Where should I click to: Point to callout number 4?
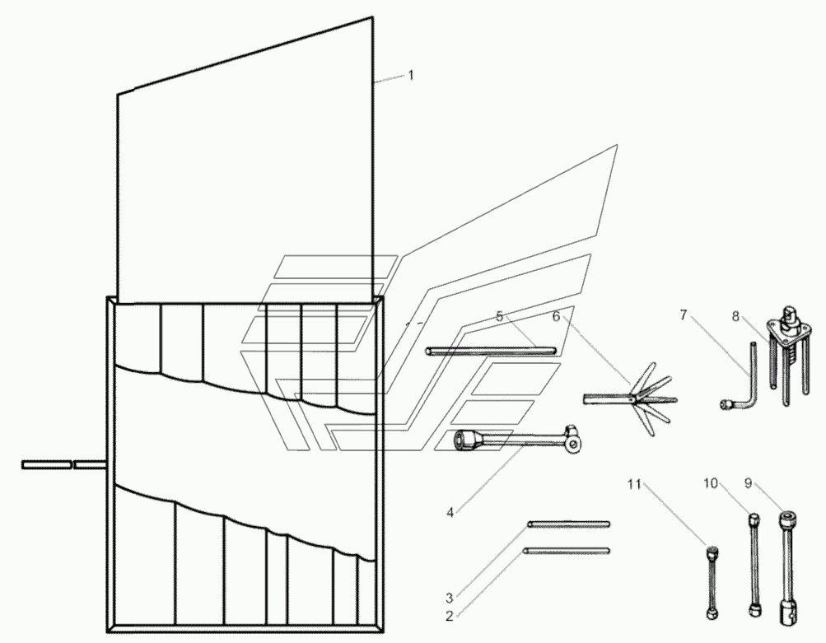click(450, 512)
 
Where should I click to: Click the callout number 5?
click(499, 315)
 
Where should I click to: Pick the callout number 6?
click(555, 315)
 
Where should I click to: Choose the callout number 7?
click(683, 315)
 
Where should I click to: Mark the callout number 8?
click(736, 315)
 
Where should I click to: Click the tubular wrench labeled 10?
click(754, 564)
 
